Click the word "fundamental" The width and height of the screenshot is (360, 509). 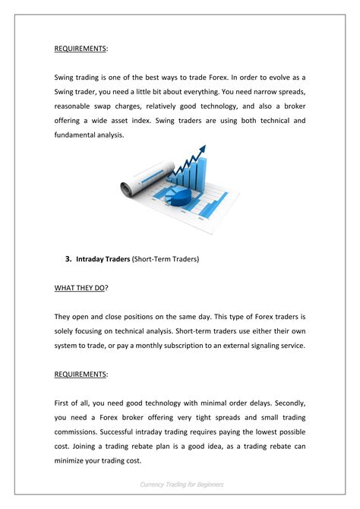pos(80,135)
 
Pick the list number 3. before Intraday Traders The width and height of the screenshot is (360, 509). pos(68,259)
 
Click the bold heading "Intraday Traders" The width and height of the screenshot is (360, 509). pos(103,259)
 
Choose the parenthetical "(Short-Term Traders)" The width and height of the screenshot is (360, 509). pos(165,259)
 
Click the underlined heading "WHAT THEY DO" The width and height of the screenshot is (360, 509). pos(79,288)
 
